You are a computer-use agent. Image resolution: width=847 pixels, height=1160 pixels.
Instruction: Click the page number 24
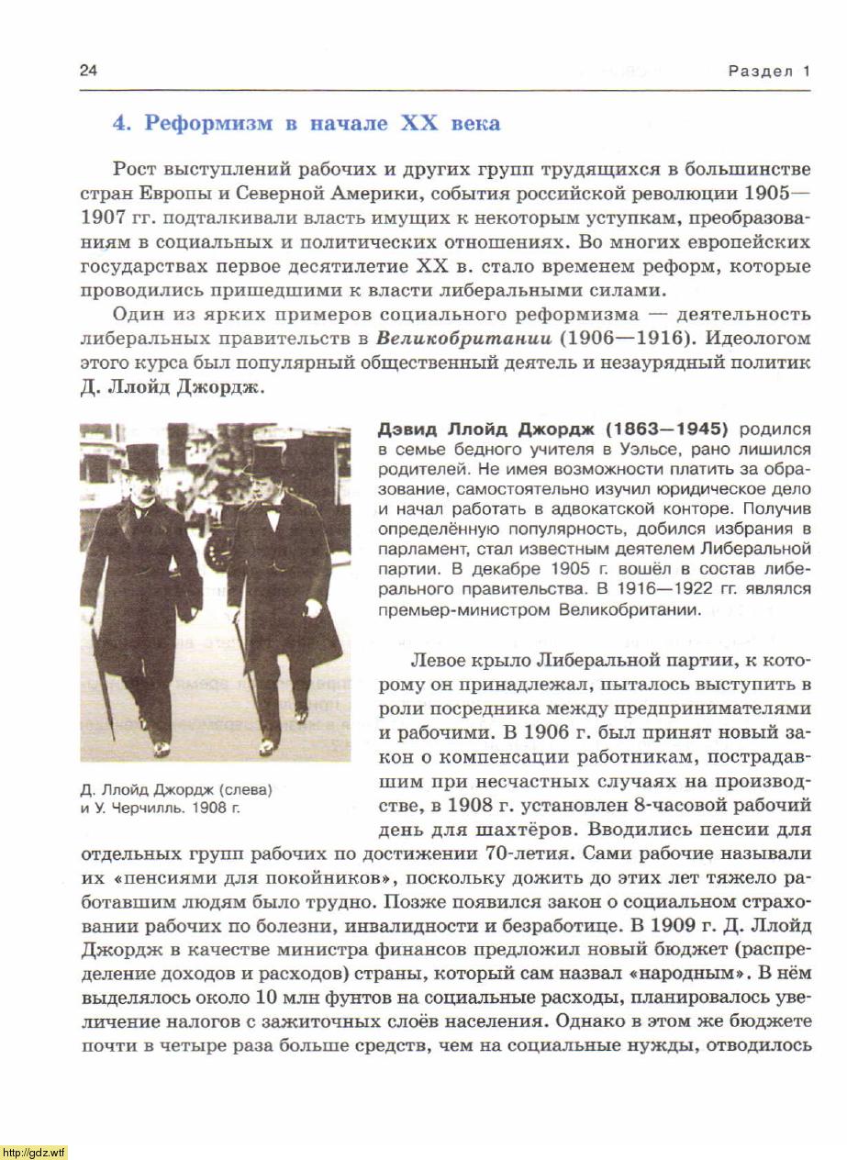click(x=89, y=71)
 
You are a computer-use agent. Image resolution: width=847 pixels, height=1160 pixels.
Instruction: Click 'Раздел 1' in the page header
click(x=769, y=72)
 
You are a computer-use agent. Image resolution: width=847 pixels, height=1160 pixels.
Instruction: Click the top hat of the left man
click(x=143, y=456)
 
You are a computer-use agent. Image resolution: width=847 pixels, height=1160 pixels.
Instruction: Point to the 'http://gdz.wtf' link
click(x=34, y=1152)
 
